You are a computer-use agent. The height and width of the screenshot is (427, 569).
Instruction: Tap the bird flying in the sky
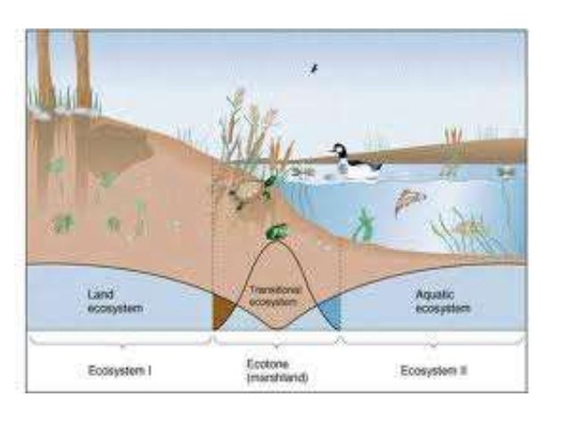pos(313,68)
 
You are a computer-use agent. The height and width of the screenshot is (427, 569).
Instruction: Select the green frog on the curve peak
pos(276,232)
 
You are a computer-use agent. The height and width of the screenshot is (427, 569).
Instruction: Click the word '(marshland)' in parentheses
pos(276,377)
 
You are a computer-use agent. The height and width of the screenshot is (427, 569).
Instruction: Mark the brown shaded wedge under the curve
pos(221,314)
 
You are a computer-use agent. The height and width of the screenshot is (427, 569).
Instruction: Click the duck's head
pos(338,150)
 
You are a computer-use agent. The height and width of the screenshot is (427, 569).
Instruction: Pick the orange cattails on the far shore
pos(454,138)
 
